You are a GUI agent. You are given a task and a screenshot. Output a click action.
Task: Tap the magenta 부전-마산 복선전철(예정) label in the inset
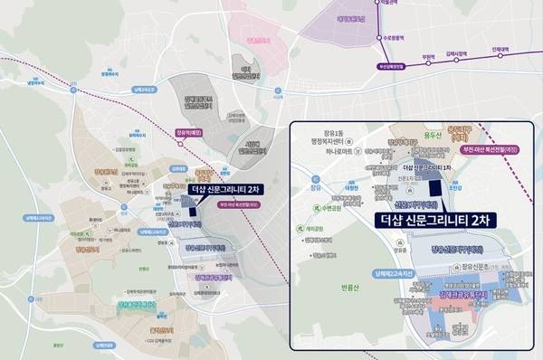click(490, 149)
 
